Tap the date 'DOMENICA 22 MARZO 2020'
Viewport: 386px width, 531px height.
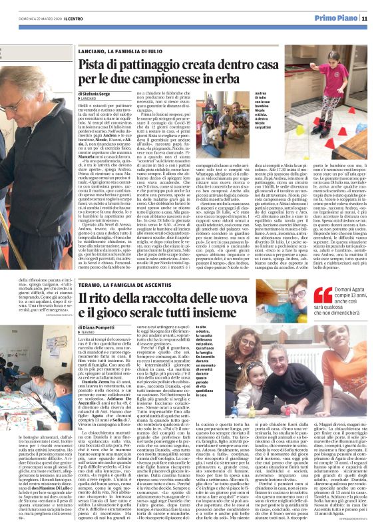point(39,18)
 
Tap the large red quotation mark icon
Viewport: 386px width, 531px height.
point(303,295)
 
